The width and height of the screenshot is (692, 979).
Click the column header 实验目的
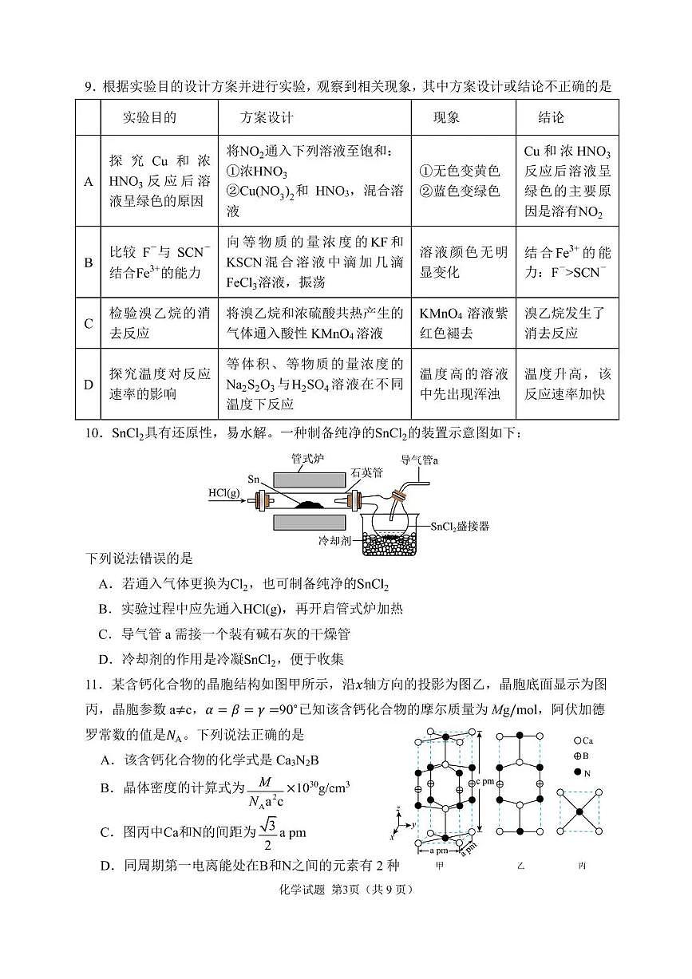pos(149,118)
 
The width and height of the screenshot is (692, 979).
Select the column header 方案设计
pos(267,118)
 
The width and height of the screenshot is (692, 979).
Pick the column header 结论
pos(551,118)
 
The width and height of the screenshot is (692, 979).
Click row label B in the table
pos(89,263)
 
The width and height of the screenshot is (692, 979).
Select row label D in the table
pos(89,385)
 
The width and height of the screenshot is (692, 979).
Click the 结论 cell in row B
pos(567,263)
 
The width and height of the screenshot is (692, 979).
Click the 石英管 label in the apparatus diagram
pos(367,472)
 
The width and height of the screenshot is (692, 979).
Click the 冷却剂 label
pos(334,540)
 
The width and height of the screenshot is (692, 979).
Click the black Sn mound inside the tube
pos(306,504)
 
